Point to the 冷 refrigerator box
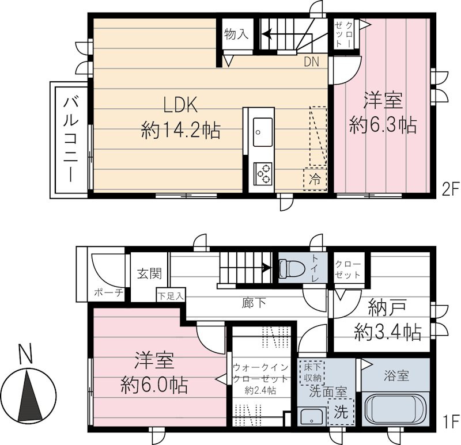click(x=315, y=178)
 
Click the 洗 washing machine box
click(x=341, y=412)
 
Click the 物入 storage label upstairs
click(x=235, y=35)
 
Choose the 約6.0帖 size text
click(x=154, y=384)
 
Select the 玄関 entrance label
click(x=149, y=273)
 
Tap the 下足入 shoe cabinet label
click(x=171, y=296)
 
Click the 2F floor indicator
click(x=448, y=189)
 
